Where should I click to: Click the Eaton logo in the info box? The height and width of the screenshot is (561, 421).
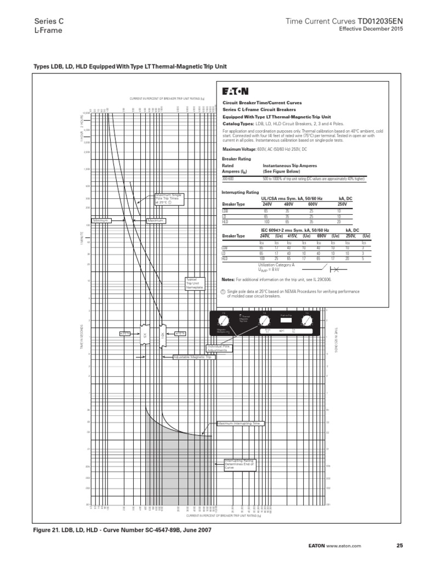235,91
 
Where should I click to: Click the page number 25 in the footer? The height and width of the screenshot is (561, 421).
399,546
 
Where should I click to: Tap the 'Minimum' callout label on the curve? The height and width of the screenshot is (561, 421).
101,220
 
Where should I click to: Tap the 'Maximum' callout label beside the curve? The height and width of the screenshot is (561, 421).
156,220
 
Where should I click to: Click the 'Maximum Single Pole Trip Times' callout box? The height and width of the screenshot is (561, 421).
170,198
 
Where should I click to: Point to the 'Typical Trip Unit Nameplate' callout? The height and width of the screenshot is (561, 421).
195,283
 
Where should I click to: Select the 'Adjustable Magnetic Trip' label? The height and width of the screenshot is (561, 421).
192,357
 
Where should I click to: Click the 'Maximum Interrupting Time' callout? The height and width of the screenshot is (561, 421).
240,423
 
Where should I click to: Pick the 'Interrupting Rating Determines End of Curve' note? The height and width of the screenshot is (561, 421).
240,465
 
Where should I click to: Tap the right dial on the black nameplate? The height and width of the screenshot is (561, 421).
307,319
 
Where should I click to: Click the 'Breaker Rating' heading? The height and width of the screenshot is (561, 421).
236,159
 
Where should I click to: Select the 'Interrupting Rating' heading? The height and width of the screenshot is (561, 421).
240,192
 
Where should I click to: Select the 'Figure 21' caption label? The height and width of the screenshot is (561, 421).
49,530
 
